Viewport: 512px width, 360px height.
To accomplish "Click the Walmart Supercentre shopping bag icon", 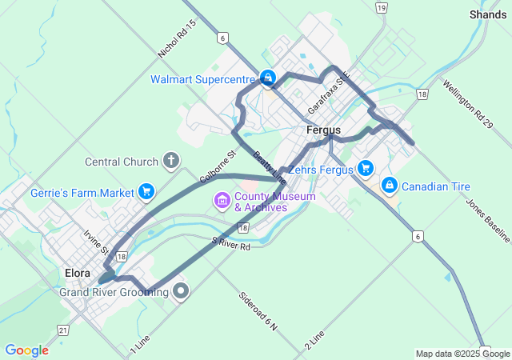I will pyautogui.click(x=268, y=78).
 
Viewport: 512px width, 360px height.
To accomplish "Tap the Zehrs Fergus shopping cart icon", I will pyautogui.click(x=366, y=167).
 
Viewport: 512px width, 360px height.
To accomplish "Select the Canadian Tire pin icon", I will pyautogui.click(x=390, y=186).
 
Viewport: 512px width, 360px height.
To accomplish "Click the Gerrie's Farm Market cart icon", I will pyautogui.click(x=146, y=191).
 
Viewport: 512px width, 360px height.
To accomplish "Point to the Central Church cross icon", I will pyautogui.click(x=170, y=161).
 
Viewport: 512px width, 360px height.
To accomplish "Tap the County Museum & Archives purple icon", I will pyautogui.click(x=222, y=198).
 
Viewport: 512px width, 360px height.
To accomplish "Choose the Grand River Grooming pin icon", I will pyautogui.click(x=182, y=291).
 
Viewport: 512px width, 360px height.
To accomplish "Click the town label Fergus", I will pyautogui.click(x=323, y=130).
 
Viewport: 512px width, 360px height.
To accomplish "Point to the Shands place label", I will pyautogui.click(x=488, y=14).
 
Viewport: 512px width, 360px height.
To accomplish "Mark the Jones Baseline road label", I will pyautogui.click(x=487, y=214).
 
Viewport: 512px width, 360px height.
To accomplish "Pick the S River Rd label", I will pyautogui.click(x=231, y=242).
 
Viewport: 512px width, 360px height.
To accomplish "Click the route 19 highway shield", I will pyautogui.click(x=382, y=8).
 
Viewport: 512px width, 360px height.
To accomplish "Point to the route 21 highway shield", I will pyautogui.click(x=63, y=330).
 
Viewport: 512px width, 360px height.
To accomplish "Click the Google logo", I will pyautogui.click(x=27, y=350).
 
